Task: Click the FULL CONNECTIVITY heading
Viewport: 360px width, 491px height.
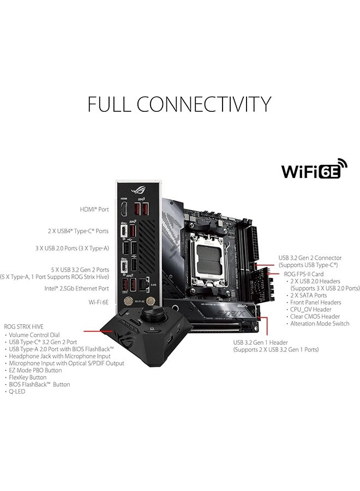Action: click(179, 103)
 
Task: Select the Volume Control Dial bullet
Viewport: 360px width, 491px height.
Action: click(36, 334)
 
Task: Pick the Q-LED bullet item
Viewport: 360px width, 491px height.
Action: click(17, 391)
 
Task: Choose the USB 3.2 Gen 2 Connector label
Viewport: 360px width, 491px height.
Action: click(310, 258)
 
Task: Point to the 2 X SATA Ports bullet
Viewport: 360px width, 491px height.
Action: click(311, 295)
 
